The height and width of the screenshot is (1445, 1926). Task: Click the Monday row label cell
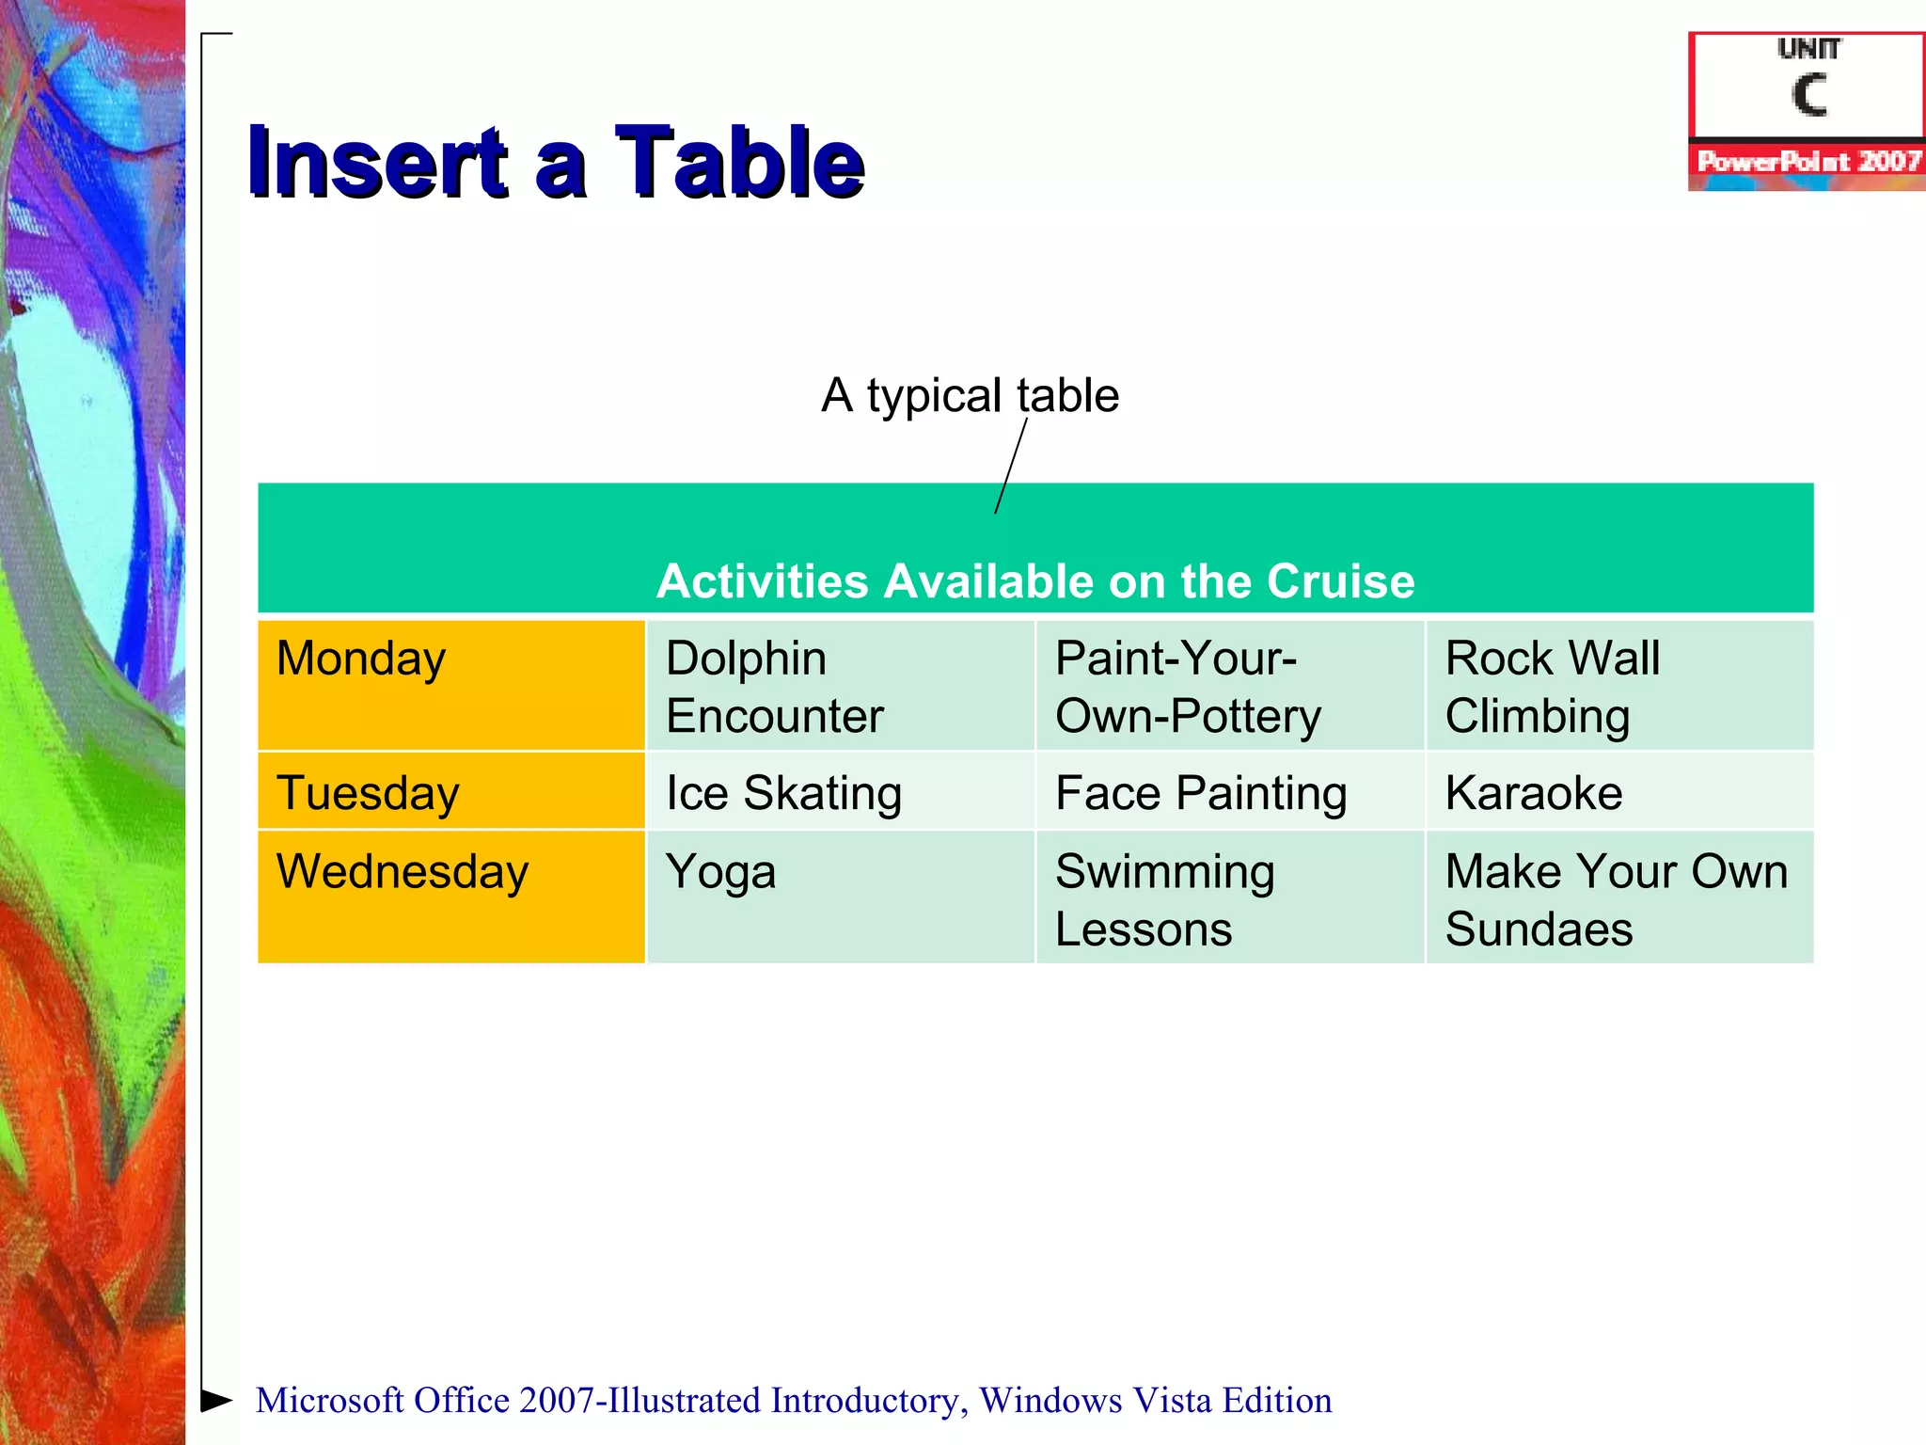pos(451,685)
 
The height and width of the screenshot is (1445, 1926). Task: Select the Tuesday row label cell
pos(451,791)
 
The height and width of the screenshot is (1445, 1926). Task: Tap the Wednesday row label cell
pos(451,897)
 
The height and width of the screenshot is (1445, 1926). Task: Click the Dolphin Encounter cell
pos(840,685)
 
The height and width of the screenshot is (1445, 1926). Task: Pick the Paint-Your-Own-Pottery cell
pos(1229,685)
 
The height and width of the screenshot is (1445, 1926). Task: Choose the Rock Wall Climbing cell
pos(1618,685)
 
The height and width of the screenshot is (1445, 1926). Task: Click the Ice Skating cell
pos(840,791)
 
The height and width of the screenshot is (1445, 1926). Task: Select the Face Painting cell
pos(1229,791)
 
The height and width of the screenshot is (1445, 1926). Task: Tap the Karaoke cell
pos(1618,791)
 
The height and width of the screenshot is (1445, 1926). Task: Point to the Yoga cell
pos(840,897)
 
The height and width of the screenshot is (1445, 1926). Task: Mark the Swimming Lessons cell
pos(1229,897)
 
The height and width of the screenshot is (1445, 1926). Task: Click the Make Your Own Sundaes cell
pos(1618,897)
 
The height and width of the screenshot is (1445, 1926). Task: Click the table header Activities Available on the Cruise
pos(1035,580)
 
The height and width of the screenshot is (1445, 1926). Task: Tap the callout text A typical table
pos(970,395)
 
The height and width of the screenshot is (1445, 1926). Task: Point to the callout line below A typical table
pos(1011,467)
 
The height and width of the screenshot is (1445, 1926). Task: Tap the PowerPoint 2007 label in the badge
pos(1808,161)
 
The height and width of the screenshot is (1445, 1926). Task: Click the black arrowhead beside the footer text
pos(216,1400)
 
